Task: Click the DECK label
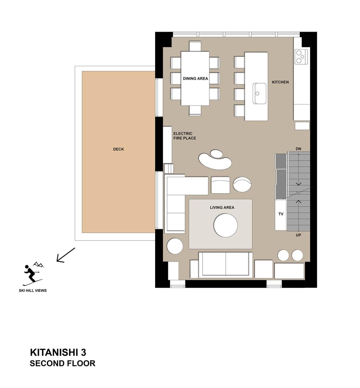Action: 118,149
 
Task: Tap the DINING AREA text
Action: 195,78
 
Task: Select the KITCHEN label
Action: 280,82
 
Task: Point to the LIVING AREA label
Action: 222,207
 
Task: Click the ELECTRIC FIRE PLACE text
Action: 185,136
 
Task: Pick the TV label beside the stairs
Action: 281,214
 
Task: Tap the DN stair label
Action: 298,149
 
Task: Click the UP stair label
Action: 298,235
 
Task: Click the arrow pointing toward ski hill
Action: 66,255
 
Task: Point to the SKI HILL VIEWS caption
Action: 33,290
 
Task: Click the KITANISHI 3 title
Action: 58,352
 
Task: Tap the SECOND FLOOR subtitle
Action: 62,363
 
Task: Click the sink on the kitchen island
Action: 259,94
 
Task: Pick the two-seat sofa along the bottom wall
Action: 226,265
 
